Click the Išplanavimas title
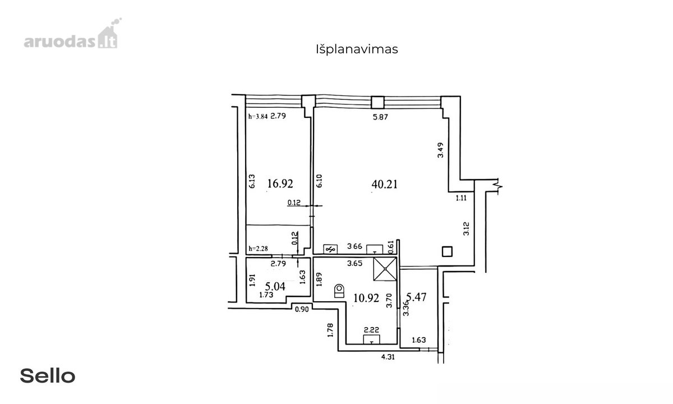point(357,49)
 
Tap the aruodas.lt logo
point(73,33)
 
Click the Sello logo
point(48,376)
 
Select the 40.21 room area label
point(384,184)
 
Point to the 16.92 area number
point(280,183)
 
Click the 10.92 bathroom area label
point(366,298)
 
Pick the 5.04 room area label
point(275,286)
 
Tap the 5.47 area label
point(416,297)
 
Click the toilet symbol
point(339,291)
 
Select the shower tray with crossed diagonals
point(385,269)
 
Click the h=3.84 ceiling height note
point(258,116)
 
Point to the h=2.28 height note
point(258,249)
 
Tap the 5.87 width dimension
point(380,117)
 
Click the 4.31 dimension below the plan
point(388,357)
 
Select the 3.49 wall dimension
point(440,150)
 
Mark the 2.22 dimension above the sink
point(371,330)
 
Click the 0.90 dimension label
point(302,309)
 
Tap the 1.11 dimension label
point(461,198)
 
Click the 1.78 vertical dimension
point(330,330)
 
